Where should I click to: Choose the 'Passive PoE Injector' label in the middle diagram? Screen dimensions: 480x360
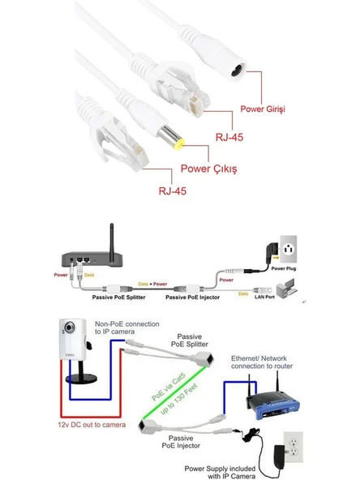point(193,298)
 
